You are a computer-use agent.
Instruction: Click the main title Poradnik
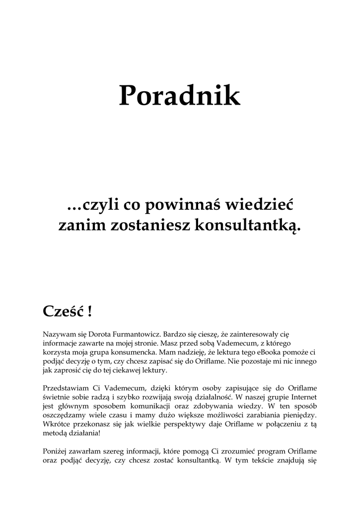pos(179,96)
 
